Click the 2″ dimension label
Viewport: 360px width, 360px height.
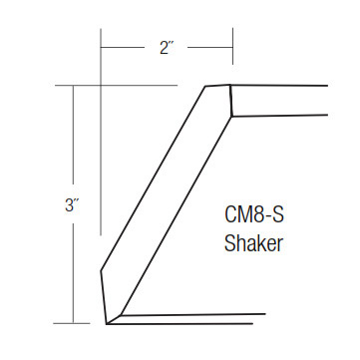click(x=168, y=48)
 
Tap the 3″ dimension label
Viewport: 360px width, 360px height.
click(x=72, y=205)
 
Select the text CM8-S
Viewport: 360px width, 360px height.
click(x=254, y=214)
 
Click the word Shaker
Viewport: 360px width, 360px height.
click(x=253, y=243)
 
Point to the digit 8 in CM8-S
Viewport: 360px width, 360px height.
click(x=258, y=214)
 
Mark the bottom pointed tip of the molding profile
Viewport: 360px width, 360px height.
click(x=107, y=324)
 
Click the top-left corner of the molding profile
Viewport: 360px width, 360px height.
click(x=205, y=87)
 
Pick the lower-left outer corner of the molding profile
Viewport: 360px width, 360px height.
click(x=101, y=271)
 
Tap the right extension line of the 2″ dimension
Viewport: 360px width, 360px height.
click(x=232, y=46)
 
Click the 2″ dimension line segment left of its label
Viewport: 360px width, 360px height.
click(x=123, y=48)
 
